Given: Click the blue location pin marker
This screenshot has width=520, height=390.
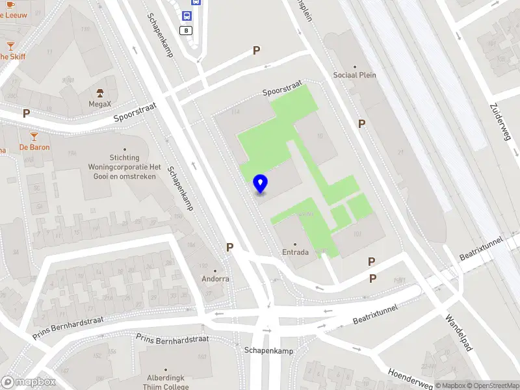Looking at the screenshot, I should [x=261, y=184].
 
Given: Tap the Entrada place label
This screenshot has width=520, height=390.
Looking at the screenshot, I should [x=295, y=252].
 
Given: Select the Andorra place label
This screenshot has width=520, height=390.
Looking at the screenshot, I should [x=215, y=279].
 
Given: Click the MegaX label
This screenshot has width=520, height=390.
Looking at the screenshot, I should [x=101, y=103].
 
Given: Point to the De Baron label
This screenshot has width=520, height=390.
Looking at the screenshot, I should [x=34, y=147].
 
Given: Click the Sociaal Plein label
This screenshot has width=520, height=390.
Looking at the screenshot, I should [x=355, y=75].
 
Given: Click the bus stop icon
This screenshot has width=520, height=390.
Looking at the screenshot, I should [x=187, y=18].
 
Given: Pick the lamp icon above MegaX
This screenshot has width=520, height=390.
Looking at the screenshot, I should [x=101, y=92].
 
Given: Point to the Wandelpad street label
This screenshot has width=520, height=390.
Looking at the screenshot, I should [x=458, y=333].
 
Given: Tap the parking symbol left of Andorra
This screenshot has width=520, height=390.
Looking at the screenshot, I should [x=229, y=247].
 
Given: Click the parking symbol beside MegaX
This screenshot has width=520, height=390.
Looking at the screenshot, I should [x=27, y=113].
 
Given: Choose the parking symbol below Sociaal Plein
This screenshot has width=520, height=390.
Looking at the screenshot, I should [x=361, y=123].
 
